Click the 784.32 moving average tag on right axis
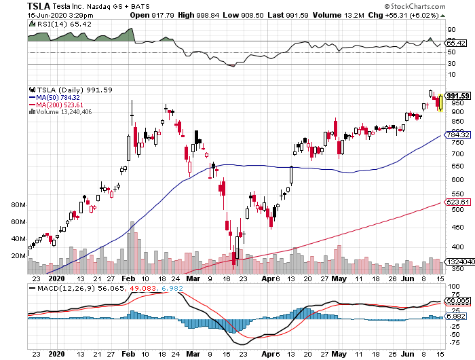pos(456,135)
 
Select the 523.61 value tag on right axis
pos(456,202)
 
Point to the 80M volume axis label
pos(18,204)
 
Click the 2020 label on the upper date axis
pos(57,278)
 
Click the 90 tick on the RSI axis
pos(450,29)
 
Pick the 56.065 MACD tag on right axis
pos(456,300)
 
